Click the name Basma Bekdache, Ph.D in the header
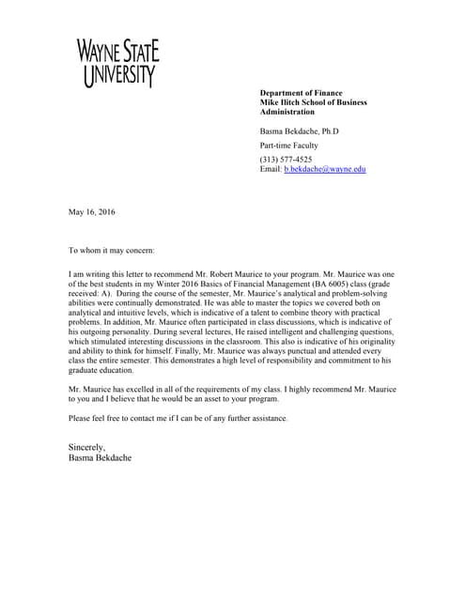(x=299, y=131)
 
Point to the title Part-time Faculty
(x=288, y=146)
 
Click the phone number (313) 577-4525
(x=286, y=160)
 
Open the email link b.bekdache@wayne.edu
(x=324, y=169)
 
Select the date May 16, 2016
(x=91, y=212)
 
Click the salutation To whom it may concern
(x=112, y=251)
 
